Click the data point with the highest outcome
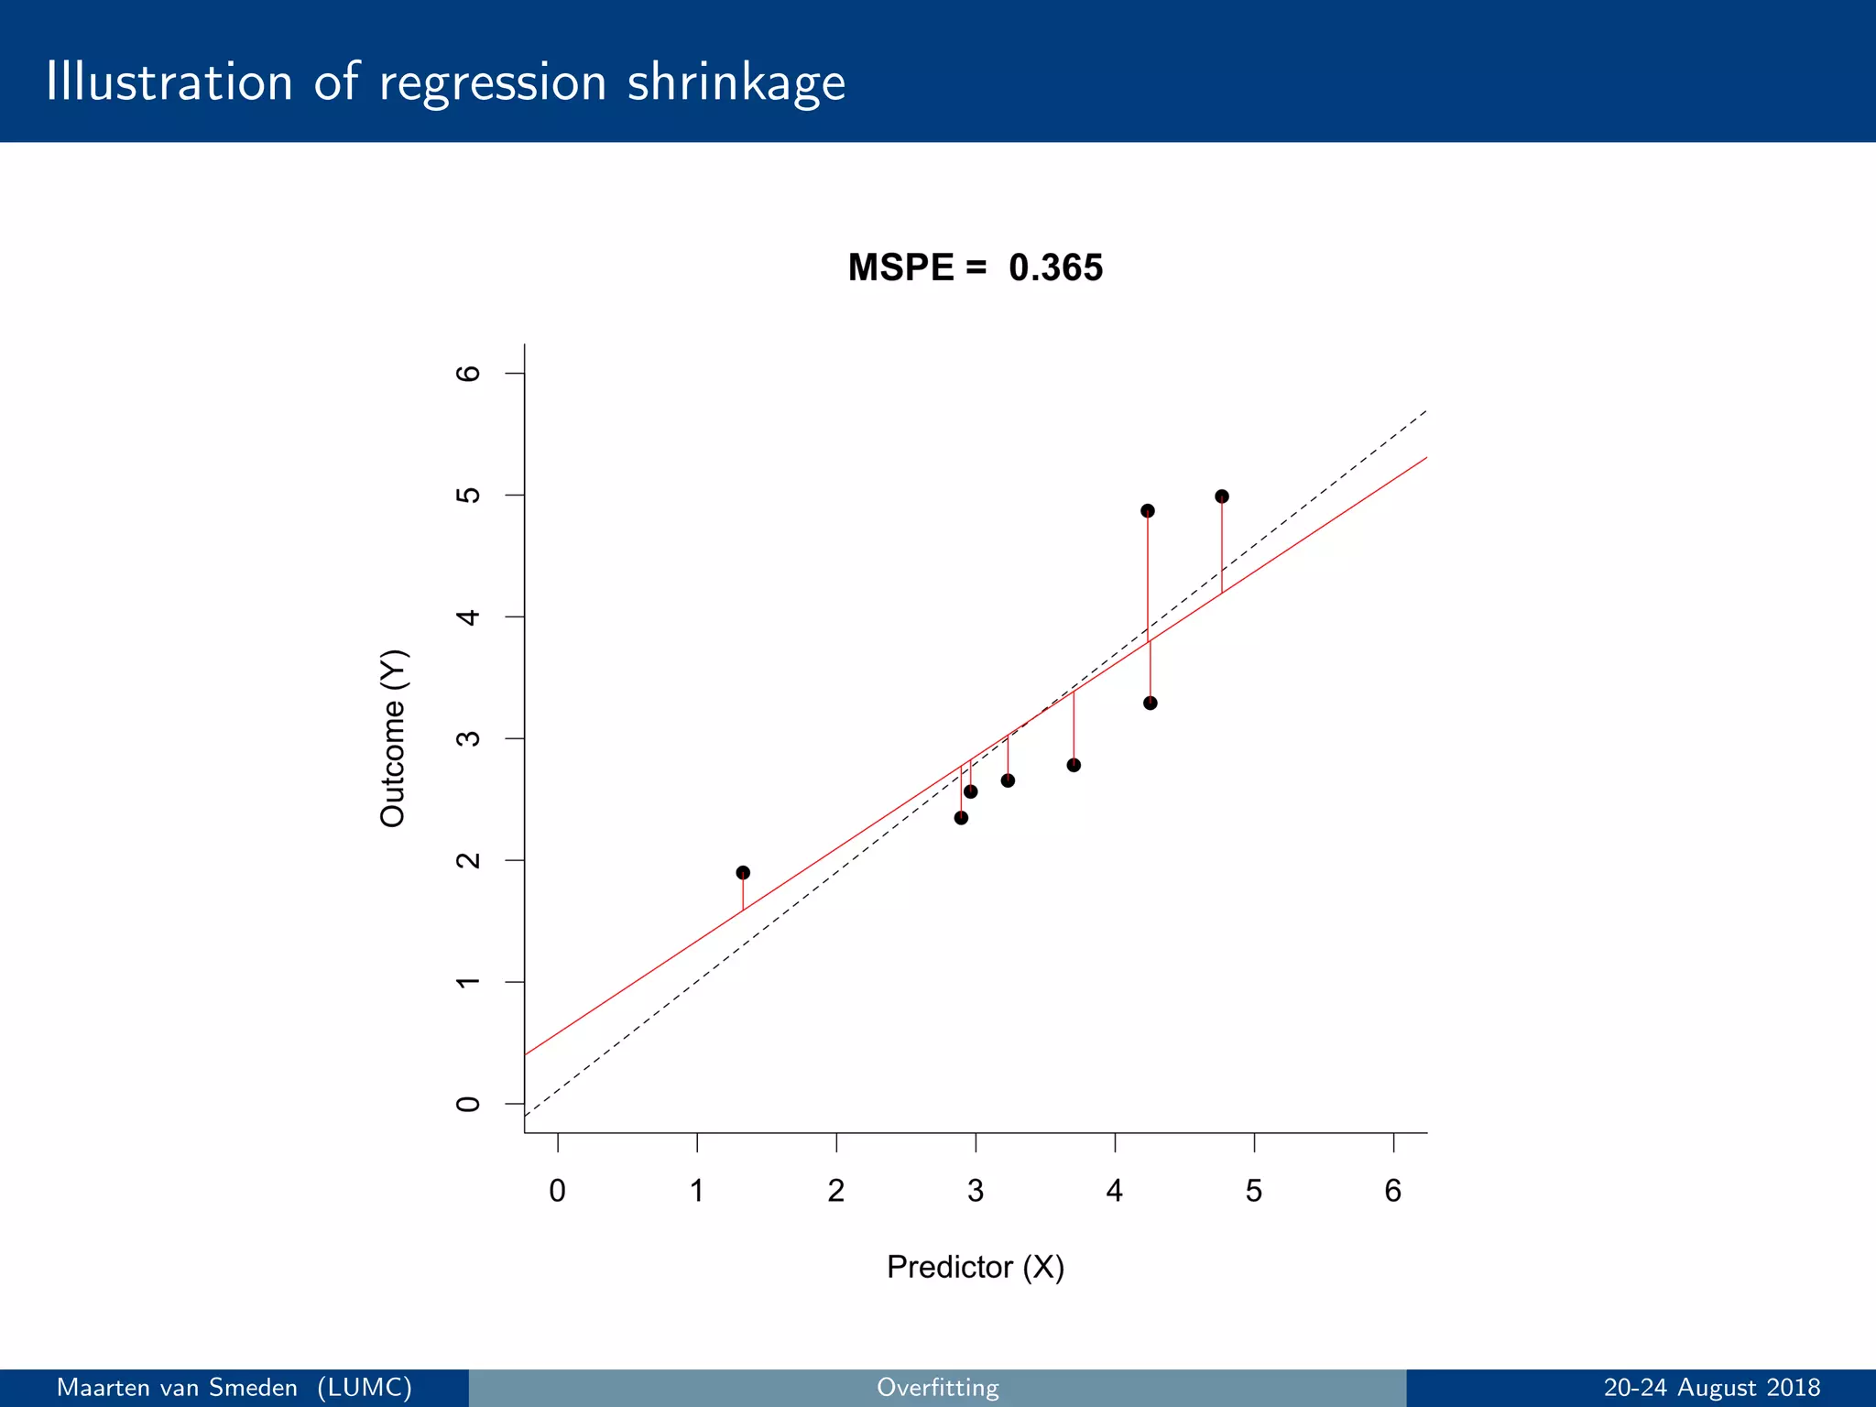pyautogui.click(x=1221, y=496)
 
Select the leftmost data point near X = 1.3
pyautogui.click(x=743, y=873)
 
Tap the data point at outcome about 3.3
pyautogui.click(x=1151, y=703)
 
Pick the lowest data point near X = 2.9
pyautogui.click(x=961, y=818)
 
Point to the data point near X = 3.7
pyautogui.click(x=1074, y=765)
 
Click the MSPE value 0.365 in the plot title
pyautogui.click(x=1055, y=267)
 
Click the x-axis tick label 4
pyautogui.click(x=1114, y=1191)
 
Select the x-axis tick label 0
pyautogui.click(x=557, y=1191)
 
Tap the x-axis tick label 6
pyautogui.click(x=1392, y=1191)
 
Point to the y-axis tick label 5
pyautogui.click(x=468, y=496)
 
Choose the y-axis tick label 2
pyautogui.click(x=468, y=860)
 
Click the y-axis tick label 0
pyautogui.click(x=468, y=1104)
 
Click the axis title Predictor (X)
pyautogui.click(x=976, y=1267)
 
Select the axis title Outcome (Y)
pyautogui.click(x=393, y=738)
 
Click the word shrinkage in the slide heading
pyautogui.click(x=736, y=83)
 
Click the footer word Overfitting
pyautogui.click(x=937, y=1388)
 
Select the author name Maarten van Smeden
pyautogui.click(x=178, y=1388)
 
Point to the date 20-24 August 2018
pyautogui.click(x=1711, y=1388)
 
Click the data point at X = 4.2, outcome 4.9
pyautogui.click(x=1148, y=511)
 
